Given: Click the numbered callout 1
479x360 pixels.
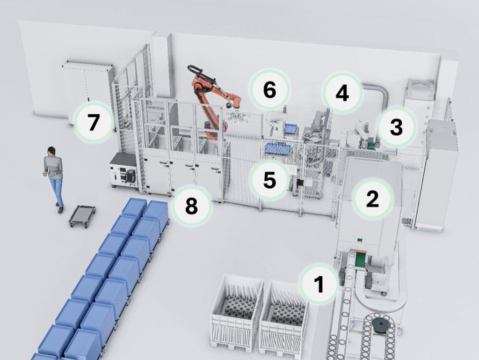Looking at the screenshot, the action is pyautogui.click(x=319, y=284).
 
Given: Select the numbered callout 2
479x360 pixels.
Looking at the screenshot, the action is pyautogui.click(x=372, y=199).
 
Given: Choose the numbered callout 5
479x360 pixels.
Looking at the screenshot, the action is pyautogui.click(x=269, y=180).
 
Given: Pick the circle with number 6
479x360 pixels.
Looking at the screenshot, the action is pyautogui.click(x=269, y=89).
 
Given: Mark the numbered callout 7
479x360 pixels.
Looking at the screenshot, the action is pyautogui.click(x=93, y=122).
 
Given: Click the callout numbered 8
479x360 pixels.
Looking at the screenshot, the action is pyautogui.click(x=191, y=206).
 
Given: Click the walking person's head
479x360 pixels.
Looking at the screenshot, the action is pyautogui.click(x=51, y=151).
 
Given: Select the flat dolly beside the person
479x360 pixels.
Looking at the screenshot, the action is pyautogui.click(x=82, y=216).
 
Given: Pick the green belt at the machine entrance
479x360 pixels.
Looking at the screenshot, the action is pyautogui.click(x=361, y=259).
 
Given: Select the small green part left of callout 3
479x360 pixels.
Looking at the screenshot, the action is pyautogui.click(x=372, y=146).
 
